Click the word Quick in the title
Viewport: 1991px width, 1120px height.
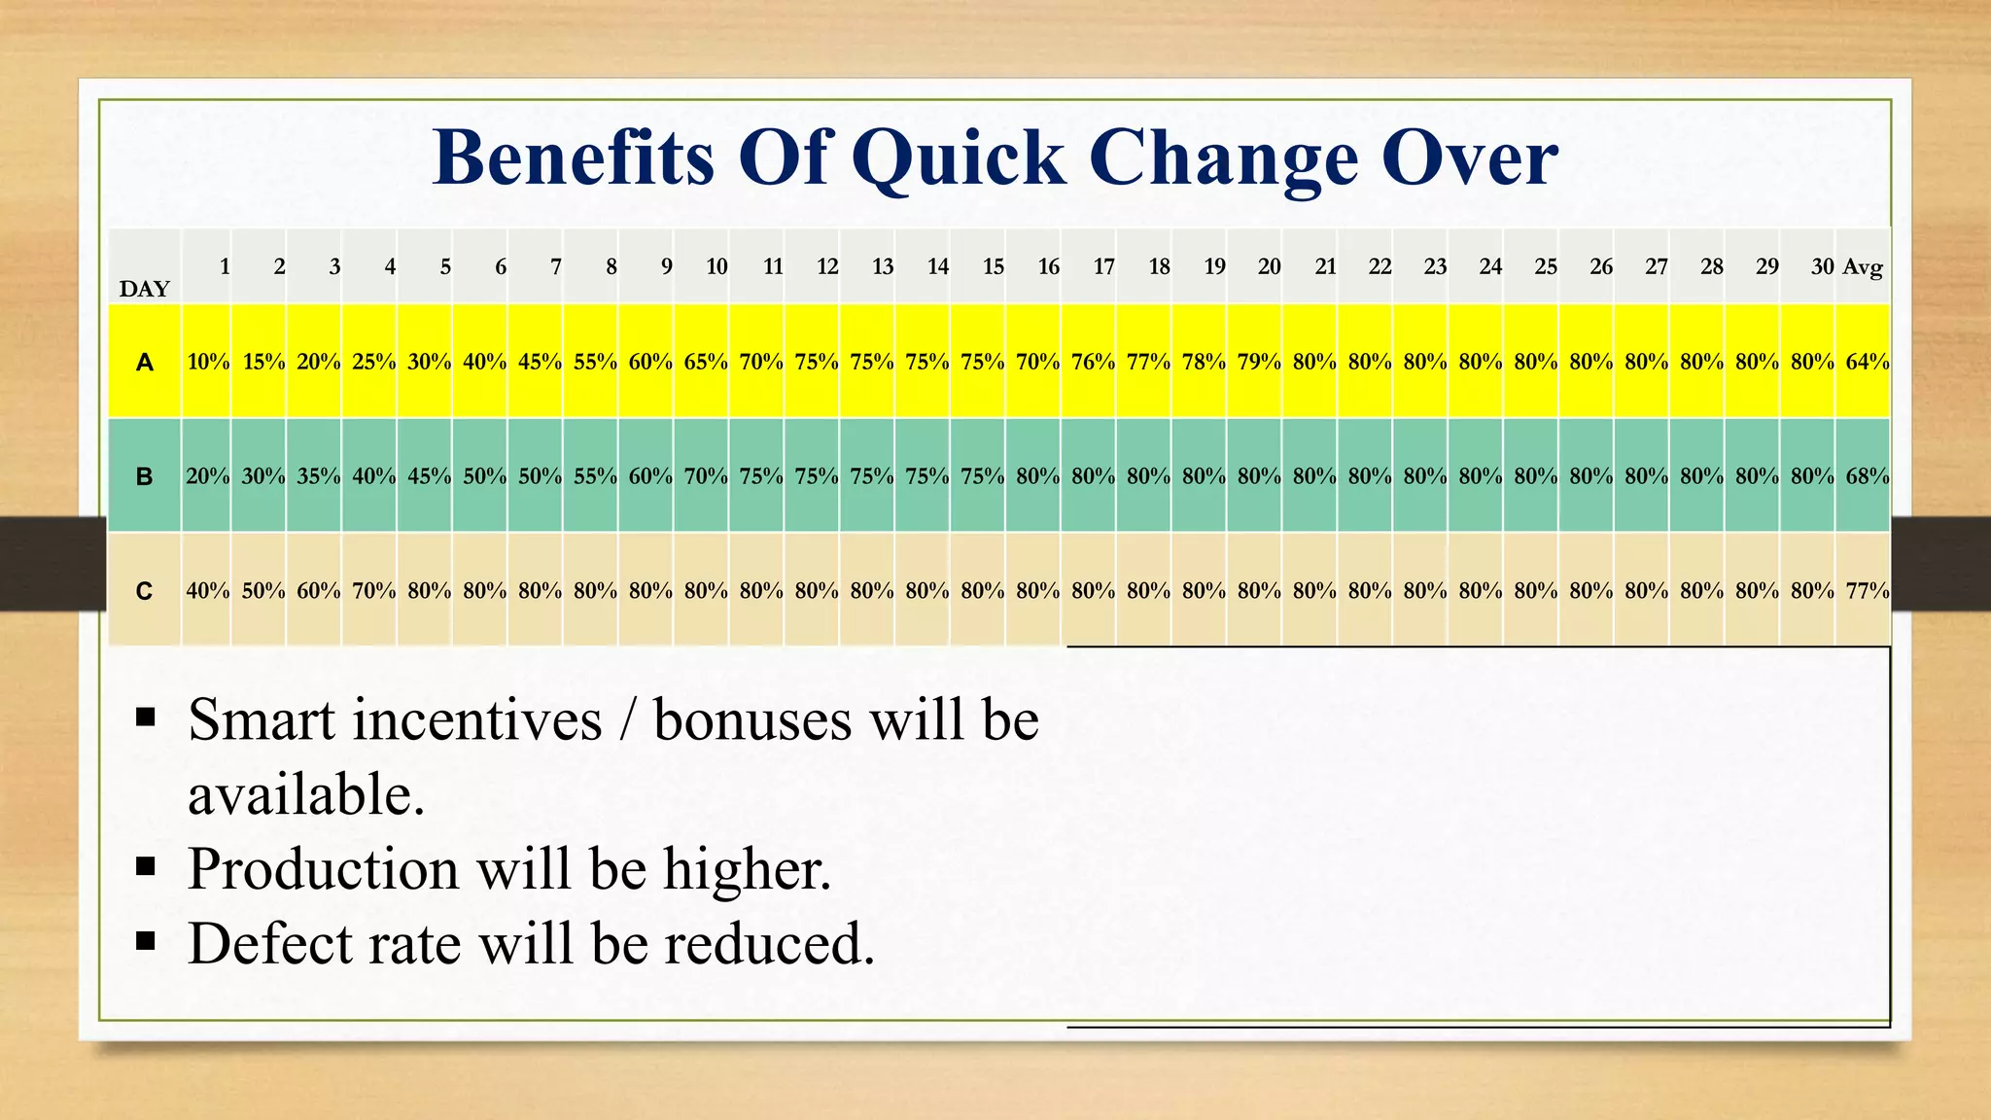pos(958,158)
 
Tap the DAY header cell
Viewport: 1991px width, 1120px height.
pos(144,288)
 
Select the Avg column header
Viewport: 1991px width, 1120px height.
pos(1863,266)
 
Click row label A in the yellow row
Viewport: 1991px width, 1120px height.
pos(144,363)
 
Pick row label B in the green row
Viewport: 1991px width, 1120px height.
pos(144,476)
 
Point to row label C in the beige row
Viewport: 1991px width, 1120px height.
pos(144,591)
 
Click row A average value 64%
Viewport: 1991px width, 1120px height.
pos(1867,362)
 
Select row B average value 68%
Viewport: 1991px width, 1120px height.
pos(1867,476)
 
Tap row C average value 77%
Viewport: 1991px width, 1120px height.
pos(1867,590)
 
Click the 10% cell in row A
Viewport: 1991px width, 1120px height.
pos(208,362)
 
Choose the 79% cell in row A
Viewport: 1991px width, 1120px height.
pos(1259,362)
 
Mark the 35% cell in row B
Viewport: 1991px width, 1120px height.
pos(318,476)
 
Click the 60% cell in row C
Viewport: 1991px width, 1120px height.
pos(318,590)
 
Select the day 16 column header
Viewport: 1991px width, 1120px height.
pos(1048,266)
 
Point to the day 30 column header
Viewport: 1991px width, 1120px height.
pos(1822,266)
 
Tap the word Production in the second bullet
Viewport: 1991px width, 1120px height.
pos(323,868)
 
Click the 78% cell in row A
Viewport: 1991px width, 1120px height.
pos(1204,362)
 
